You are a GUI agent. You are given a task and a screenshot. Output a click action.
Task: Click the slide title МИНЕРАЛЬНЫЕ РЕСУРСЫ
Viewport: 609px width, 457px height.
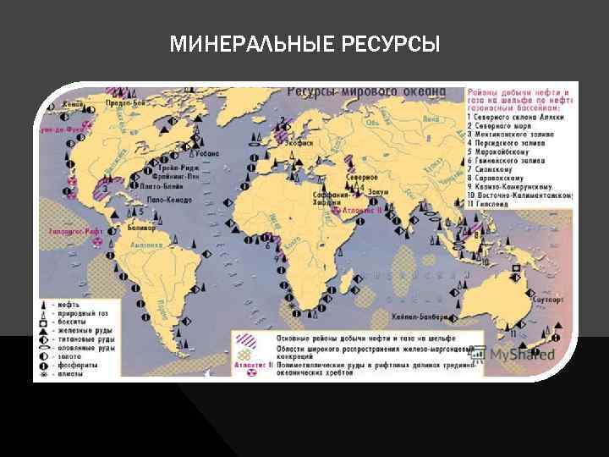point(304,43)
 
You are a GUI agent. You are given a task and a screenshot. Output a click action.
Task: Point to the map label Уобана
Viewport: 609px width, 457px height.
point(206,154)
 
